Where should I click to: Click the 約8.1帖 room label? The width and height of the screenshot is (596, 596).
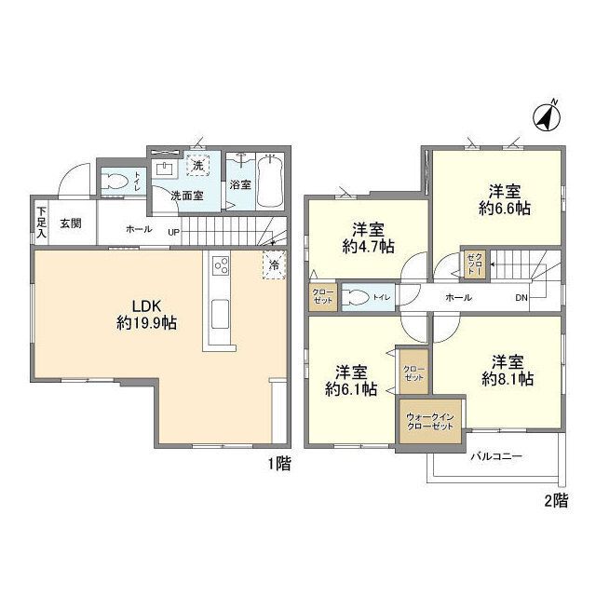[x=507, y=370]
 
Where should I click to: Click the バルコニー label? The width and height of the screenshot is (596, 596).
[x=495, y=456]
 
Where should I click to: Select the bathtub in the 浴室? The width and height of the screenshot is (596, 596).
[x=270, y=182]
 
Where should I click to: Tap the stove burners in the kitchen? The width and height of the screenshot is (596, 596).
[x=222, y=267]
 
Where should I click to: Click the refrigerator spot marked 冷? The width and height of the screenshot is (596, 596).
[x=274, y=264]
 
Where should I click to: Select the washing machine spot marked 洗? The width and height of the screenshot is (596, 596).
[x=197, y=166]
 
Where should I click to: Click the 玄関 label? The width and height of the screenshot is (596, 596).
[x=71, y=223]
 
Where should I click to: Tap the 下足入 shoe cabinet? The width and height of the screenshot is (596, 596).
[x=41, y=223]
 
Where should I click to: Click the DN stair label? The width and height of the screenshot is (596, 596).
[x=522, y=297]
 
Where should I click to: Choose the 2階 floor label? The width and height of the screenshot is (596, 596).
[x=555, y=500]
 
